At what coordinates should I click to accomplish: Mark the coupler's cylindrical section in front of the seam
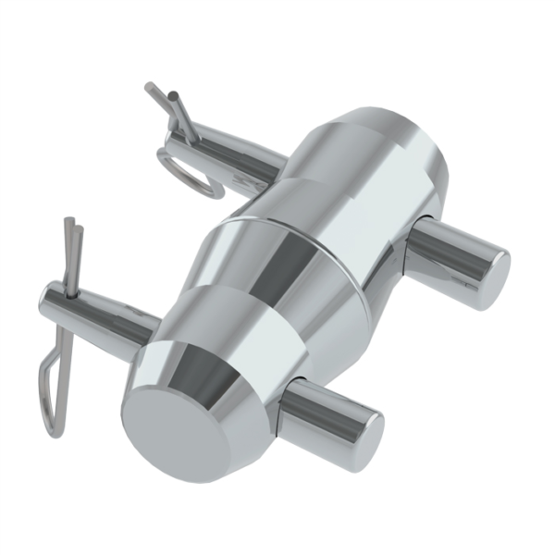coord(268,287)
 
